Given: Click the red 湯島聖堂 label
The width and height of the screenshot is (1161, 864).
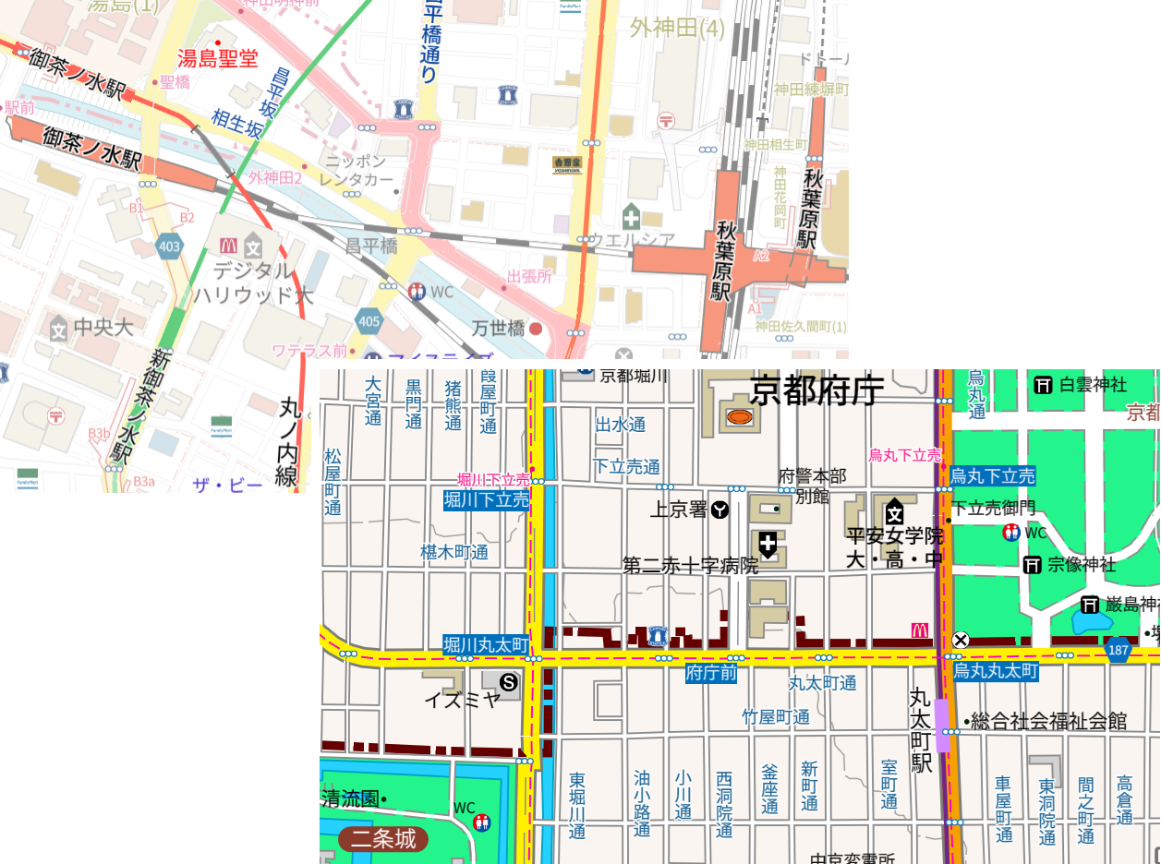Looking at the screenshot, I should point(218,59).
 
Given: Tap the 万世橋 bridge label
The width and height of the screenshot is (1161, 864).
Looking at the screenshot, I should point(499,328).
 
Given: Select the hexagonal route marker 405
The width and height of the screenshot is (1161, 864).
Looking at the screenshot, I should point(369,321).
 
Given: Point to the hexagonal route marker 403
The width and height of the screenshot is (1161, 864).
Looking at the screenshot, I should point(169,246).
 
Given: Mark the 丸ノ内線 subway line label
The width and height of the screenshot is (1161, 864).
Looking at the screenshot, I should point(290,442).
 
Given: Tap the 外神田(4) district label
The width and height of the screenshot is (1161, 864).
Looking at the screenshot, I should point(677,29).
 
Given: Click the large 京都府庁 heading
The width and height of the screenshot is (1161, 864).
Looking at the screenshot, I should point(816,390).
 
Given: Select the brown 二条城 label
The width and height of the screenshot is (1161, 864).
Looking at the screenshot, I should point(383,839).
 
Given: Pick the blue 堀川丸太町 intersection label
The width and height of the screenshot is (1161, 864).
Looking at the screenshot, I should point(486,644).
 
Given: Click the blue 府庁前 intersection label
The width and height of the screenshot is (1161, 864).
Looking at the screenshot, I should point(710,673).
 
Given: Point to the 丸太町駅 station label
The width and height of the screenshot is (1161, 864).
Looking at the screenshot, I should point(921,729).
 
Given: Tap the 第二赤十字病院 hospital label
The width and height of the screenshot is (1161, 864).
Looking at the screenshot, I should point(691,565).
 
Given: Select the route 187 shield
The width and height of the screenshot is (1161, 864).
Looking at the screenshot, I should point(1119,649).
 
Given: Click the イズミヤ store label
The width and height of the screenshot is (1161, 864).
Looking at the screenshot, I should point(462,699).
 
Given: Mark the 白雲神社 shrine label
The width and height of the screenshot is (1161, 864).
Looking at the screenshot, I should point(1092,384).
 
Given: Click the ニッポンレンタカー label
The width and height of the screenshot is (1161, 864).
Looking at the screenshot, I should point(357,170).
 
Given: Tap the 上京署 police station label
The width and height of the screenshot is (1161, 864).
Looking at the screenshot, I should point(680,510).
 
